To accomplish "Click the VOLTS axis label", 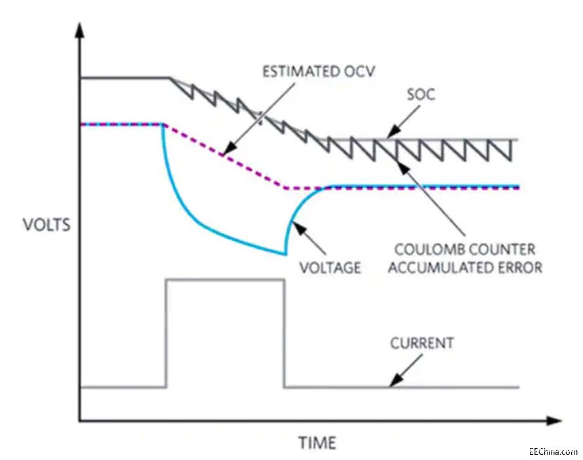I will click(x=46, y=225).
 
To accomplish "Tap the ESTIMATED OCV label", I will click(x=319, y=72).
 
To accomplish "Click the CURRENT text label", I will click(x=422, y=343).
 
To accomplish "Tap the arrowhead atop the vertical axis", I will click(x=79, y=29).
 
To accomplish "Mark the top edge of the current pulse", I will click(x=225, y=280).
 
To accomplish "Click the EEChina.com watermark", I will click(x=553, y=452).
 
